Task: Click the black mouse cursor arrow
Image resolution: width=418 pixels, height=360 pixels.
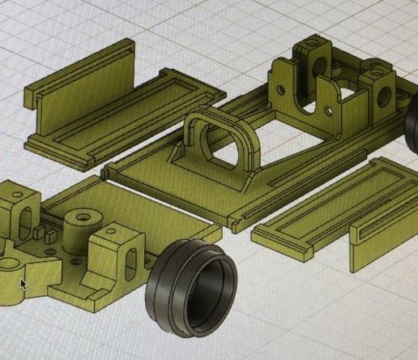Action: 23,284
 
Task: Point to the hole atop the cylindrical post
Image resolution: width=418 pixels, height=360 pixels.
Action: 81,217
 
